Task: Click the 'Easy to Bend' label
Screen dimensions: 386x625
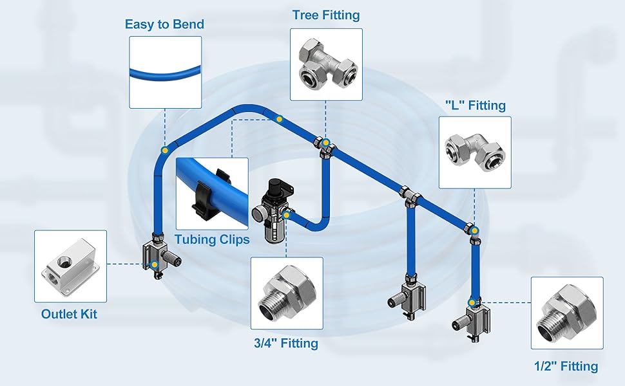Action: (x=164, y=24)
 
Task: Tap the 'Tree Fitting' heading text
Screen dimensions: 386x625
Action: (x=326, y=15)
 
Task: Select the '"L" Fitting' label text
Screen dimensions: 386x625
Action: (x=476, y=105)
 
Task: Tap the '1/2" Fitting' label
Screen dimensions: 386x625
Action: (x=566, y=366)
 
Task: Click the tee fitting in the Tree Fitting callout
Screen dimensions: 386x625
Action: (x=326, y=64)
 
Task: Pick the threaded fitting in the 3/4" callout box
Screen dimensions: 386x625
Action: (x=286, y=293)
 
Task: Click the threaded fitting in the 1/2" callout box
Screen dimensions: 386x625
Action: (x=566, y=313)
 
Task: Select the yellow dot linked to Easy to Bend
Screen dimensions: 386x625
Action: (x=166, y=149)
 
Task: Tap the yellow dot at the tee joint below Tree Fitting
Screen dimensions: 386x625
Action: (x=326, y=142)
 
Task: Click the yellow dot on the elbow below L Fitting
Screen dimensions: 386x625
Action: (x=475, y=230)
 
